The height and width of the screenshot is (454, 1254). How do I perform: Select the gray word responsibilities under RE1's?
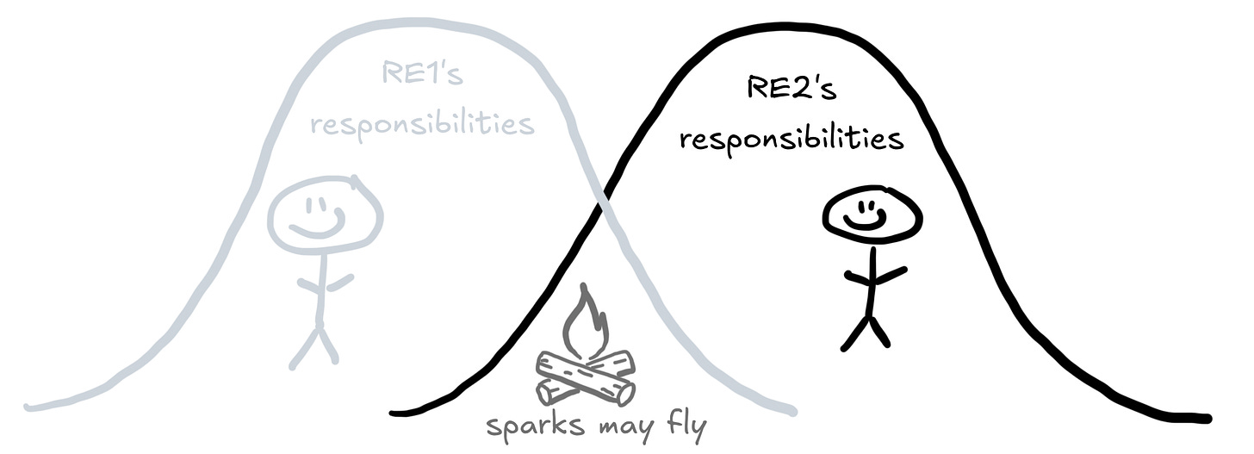point(422,125)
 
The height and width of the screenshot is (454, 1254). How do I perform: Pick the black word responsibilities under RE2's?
point(792,139)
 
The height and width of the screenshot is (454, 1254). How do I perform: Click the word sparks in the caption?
point(529,427)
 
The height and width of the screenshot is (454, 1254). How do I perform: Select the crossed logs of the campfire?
point(585,377)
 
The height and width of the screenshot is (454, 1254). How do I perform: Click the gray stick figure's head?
point(325,215)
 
